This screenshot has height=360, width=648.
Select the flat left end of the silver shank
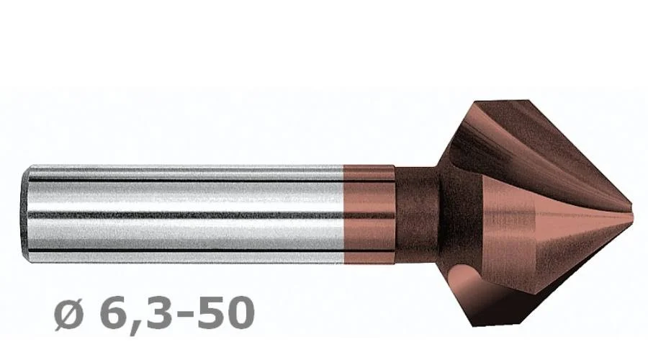tap(24, 214)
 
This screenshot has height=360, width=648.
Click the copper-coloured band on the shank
tap(369, 214)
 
